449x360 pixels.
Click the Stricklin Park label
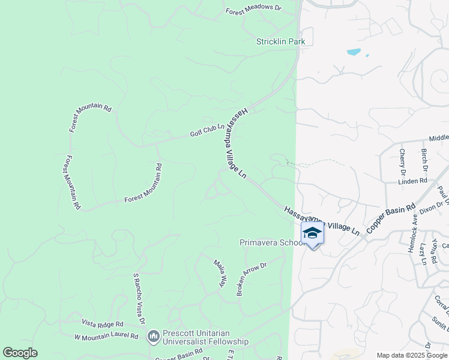pos(280,41)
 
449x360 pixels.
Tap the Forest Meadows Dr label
pos(262,10)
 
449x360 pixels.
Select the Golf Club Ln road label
pos(207,130)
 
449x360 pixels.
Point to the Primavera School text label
pos(272,243)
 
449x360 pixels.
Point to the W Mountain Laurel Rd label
pos(106,337)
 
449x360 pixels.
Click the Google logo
pos(20,353)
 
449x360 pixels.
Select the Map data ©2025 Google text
pos(411,355)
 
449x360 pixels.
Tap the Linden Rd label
pos(412,181)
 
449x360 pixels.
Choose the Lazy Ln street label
pos(423,253)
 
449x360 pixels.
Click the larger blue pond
pos(354,52)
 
